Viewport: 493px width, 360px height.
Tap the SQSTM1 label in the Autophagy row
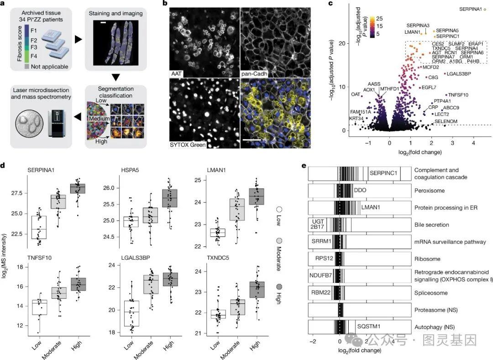369,327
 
